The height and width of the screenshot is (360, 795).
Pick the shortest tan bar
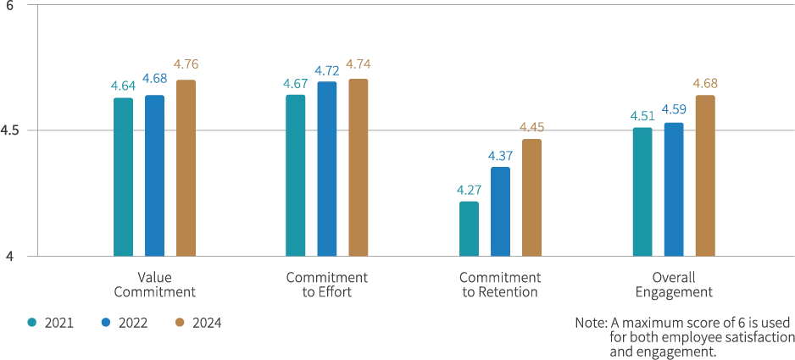coord(532,195)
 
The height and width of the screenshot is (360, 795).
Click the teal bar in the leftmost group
coord(124,174)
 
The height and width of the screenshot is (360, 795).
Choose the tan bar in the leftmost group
coord(186,165)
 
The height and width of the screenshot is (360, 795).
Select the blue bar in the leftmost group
coord(155,174)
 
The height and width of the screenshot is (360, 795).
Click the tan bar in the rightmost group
coord(705,174)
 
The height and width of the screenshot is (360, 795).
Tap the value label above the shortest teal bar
coord(469,190)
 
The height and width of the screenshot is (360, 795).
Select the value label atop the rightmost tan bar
coord(705,82)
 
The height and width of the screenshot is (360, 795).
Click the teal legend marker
coord(33,322)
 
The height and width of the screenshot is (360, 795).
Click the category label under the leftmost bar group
coord(153,284)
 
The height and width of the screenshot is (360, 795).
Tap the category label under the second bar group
coord(327,284)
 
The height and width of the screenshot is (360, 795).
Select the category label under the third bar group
coord(500,284)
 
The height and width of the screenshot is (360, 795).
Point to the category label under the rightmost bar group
coord(674,285)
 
